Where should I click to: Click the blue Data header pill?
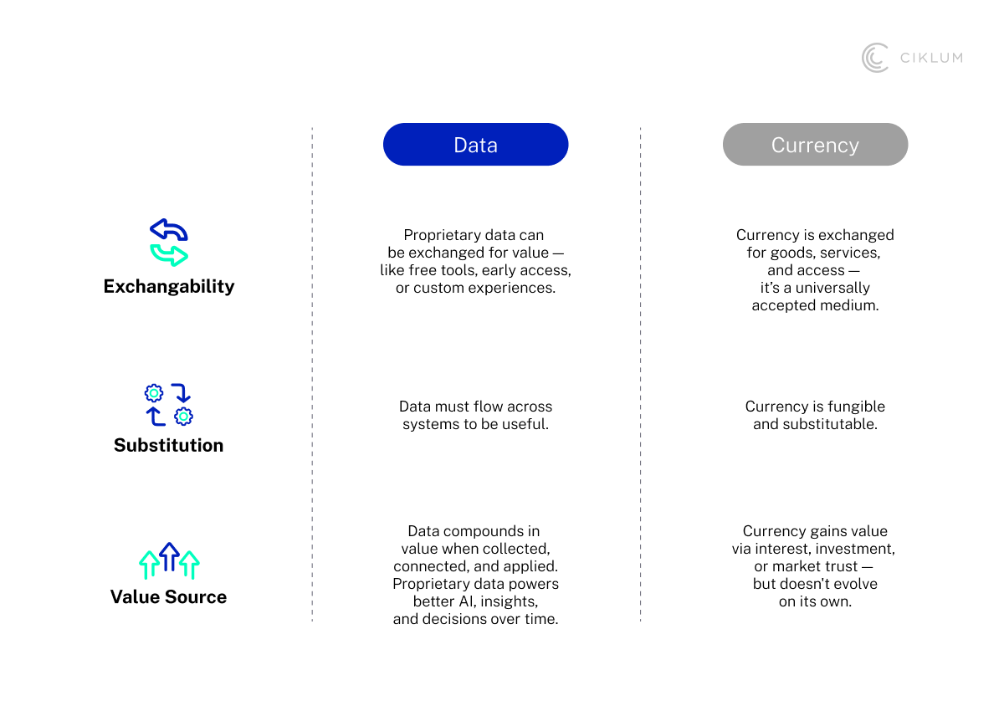(x=475, y=145)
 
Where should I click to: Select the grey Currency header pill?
(x=815, y=145)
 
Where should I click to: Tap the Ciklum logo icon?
(x=875, y=58)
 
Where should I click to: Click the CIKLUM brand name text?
(x=930, y=58)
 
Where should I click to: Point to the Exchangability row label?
(x=169, y=286)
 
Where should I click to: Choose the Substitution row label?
(x=169, y=445)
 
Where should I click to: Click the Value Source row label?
(x=169, y=596)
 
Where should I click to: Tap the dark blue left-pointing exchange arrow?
(x=168, y=230)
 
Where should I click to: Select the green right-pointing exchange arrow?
(x=170, y=254)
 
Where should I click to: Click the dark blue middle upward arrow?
(x=169, y=556)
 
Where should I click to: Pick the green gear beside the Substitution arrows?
(x=154, y=393)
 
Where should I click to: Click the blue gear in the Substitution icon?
(x=183, y=416)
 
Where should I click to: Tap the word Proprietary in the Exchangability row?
(x=442, y=235)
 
